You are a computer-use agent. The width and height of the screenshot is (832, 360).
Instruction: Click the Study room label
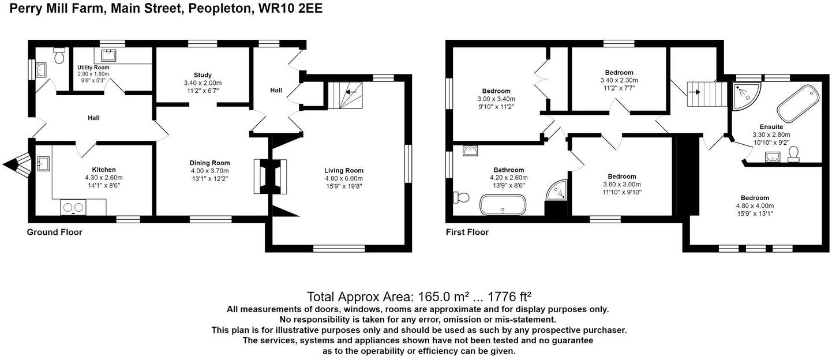coord(203,75)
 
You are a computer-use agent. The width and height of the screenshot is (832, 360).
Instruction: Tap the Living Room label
coord(343,170)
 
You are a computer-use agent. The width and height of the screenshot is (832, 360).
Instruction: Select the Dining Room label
coord(210,163)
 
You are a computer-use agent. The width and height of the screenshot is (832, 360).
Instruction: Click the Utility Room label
coord(93,67)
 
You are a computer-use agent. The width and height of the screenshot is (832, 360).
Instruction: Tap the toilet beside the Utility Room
coord(59,57)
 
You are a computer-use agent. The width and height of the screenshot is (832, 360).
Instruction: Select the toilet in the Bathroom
coord(463,198)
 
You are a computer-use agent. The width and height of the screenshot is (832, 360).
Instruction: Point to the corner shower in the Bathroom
coord(556,191)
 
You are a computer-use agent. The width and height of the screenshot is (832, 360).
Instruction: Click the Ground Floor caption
coord(54,232)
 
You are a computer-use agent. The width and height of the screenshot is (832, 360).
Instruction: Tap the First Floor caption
coord(467,232)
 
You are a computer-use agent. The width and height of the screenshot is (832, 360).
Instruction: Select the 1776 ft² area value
coord(509,297)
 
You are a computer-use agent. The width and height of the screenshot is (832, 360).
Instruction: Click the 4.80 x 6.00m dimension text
coord(344,178)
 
